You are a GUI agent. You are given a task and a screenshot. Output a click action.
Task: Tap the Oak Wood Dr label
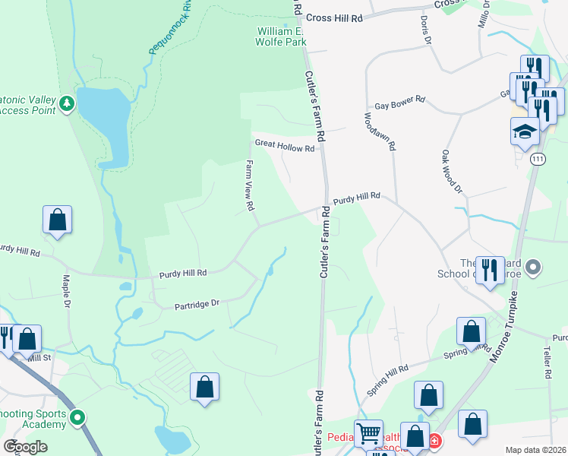click(452, 172)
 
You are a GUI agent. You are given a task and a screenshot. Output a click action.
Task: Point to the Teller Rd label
click(547, 364)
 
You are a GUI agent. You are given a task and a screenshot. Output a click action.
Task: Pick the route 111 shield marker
click(538, 158)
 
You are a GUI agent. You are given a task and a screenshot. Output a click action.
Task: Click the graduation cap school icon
click(525, 131)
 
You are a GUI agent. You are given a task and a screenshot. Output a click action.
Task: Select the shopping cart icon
click(368, 434)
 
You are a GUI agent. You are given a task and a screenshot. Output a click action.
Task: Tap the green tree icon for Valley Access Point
click(67, 103)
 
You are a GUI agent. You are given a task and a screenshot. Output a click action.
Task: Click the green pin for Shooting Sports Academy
click(77, 417)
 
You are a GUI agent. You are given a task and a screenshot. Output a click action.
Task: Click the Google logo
click(25, 447)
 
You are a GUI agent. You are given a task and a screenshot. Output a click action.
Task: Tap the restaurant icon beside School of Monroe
click(490, 268)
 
